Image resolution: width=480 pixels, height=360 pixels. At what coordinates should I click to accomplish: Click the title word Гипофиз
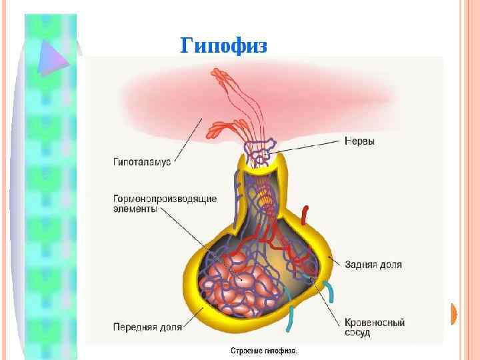click(x=223, y=46)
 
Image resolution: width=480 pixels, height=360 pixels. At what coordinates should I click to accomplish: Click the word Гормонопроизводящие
click(x=164, y=198)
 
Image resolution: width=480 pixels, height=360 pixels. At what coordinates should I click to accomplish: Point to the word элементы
click(x=135, y=209)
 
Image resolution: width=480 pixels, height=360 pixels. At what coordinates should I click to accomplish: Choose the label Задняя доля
click(x=373, y=264)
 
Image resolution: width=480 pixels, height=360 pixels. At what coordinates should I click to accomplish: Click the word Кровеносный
click(x=375, y=322)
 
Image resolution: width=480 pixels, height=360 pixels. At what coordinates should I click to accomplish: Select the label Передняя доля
click(x=147, y=327)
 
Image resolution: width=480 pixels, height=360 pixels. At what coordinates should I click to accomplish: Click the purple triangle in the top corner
click(x=54, y=56)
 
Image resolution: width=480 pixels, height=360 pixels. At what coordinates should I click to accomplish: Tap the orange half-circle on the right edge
click(x=455, y=313)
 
